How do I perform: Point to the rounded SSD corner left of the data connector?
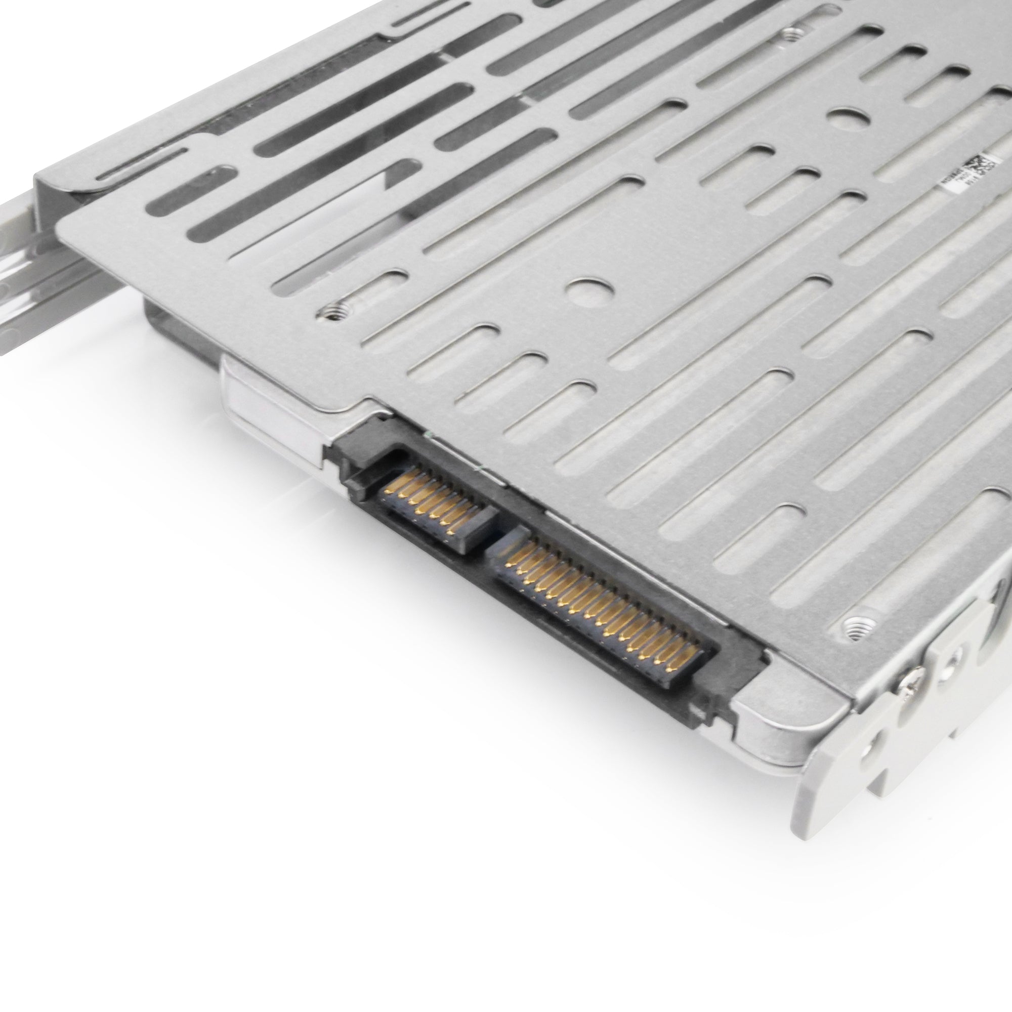coord(246,388)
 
